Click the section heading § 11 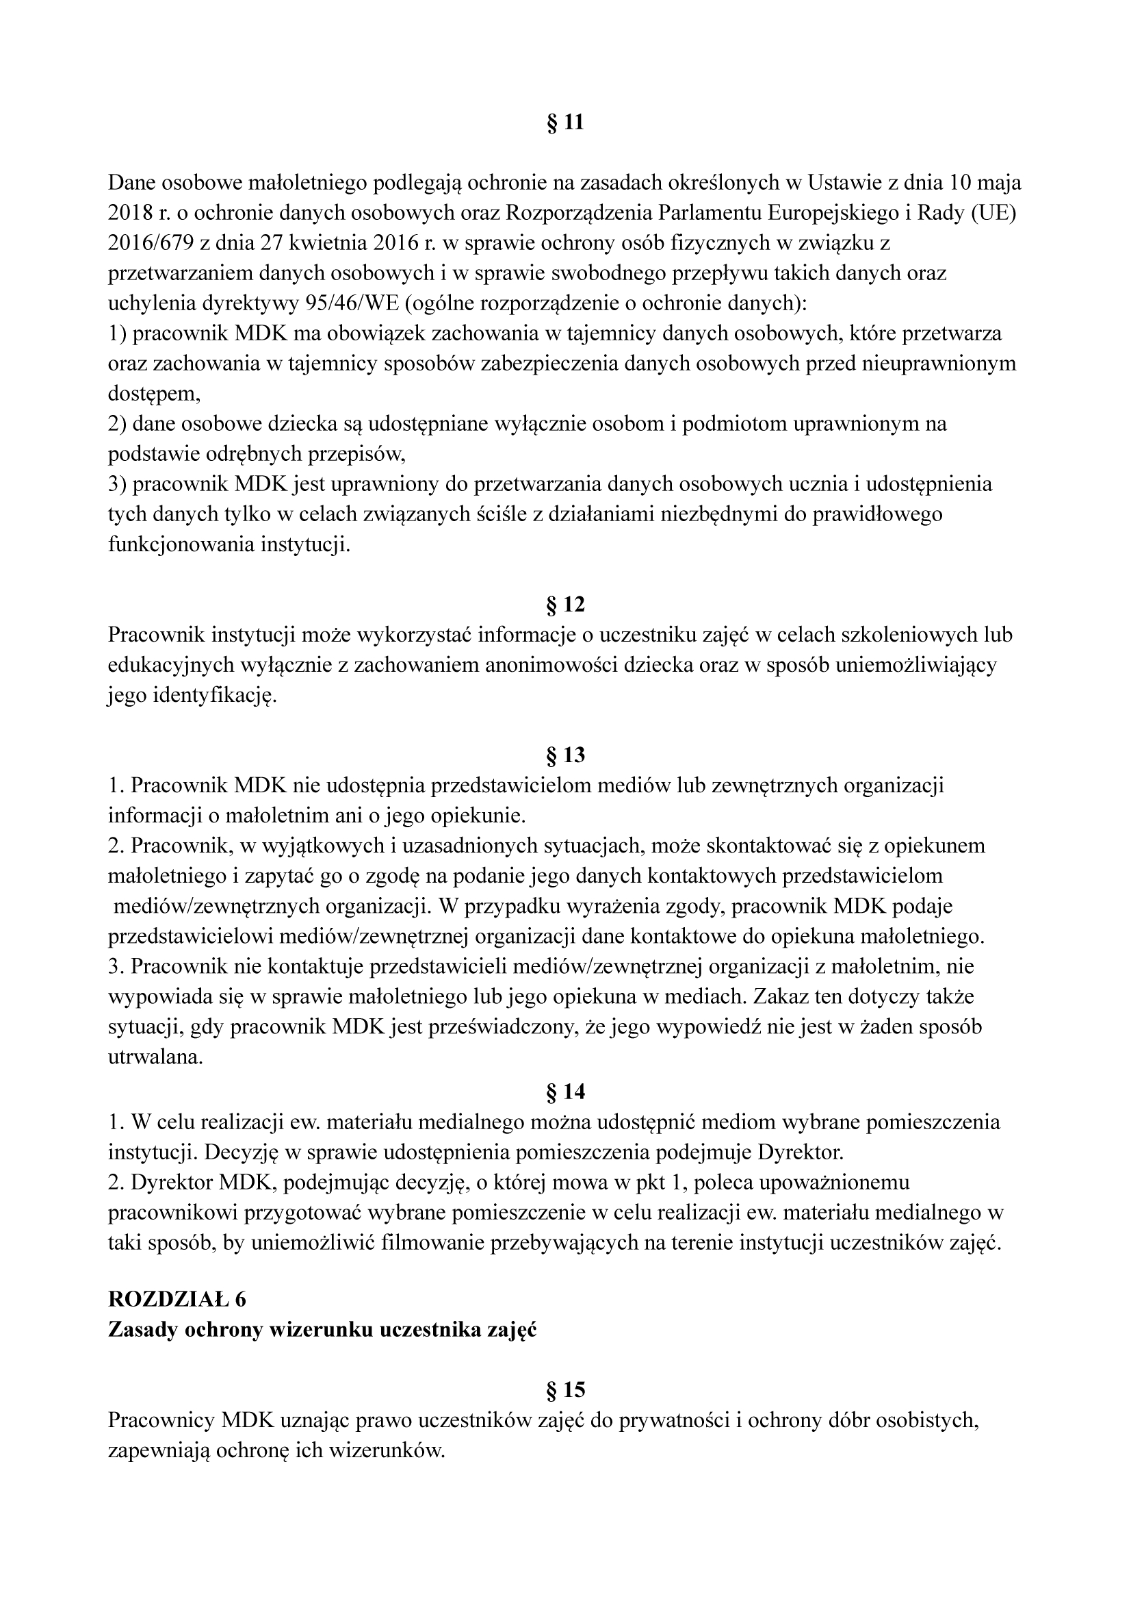coord(565,123)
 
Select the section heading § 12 coord(565,605)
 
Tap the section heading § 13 coord(565,755)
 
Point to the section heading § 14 coord(565,1092)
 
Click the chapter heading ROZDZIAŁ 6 coord(177,1299)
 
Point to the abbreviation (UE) coord(993,214)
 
